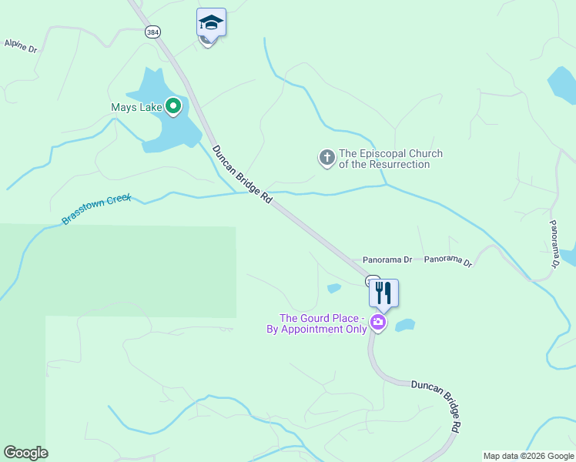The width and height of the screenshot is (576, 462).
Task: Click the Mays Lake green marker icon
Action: coord(173,107)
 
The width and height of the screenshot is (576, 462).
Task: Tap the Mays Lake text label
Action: coord(136,107)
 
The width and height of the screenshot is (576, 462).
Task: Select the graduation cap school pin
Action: coord(210,23)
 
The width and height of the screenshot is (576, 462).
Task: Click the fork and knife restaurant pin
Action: coord(383,293)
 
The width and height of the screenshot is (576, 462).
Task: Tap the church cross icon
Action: coord(327,159)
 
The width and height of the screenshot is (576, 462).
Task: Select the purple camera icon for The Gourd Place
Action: coord(377,322)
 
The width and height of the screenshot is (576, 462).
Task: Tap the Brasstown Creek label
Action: coord(97,209)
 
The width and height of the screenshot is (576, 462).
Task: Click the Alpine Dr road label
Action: coord(21,45)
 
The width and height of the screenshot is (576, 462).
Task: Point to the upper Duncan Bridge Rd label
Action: coord(242,174)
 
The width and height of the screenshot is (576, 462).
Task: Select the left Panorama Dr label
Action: coord(387,260)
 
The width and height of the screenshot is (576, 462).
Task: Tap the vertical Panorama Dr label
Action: coord(554,243)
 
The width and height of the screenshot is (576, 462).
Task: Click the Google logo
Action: coord(25,453)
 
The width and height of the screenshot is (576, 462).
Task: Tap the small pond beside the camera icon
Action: coord(405,325)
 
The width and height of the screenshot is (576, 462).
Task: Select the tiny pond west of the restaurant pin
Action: coord(333,289)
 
